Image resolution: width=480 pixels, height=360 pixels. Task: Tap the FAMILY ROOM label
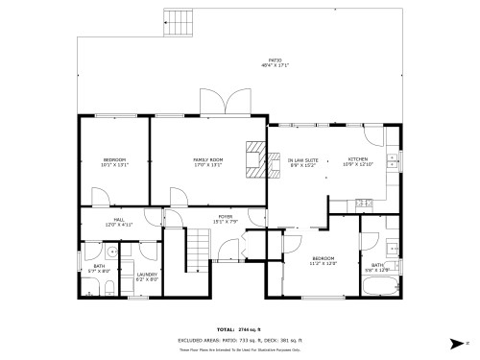(x=207, y=161)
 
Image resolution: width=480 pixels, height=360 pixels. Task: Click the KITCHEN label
(x=357, y=161)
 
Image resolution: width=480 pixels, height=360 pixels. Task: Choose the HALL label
(x=118, y=222)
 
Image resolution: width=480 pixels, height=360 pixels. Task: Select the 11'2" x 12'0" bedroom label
(x=323, y=260)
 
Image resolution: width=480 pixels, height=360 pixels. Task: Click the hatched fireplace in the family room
(x=254, y=159)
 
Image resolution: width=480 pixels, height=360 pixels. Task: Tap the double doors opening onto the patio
(x=215, y=101)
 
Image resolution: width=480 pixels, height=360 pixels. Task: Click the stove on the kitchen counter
(x=364, y=204)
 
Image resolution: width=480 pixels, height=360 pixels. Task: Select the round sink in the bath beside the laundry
(x=111, y=253)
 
